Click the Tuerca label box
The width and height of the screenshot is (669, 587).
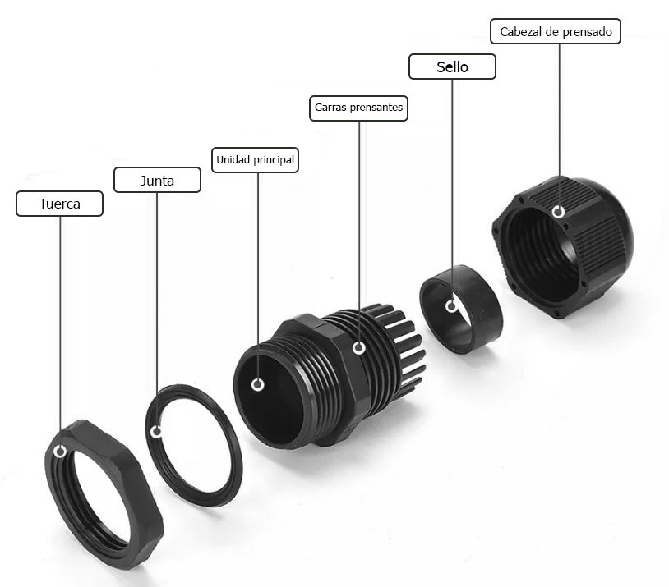[59, 204]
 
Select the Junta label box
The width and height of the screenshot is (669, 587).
[157, 180]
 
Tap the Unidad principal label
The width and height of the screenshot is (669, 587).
[255, 160]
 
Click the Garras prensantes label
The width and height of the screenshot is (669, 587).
[358, 108]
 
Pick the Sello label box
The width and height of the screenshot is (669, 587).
[452, 66]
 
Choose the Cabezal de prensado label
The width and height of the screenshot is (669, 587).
[556, 31]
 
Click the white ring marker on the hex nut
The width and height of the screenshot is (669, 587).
[60, 452]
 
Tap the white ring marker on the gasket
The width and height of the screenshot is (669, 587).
[157, 432]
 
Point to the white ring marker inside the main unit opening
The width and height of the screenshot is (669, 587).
[258, 385]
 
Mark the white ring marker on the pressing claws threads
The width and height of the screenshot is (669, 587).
[359, 348]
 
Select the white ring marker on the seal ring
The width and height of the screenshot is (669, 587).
[451, 306]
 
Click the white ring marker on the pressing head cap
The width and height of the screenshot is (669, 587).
[559, 212]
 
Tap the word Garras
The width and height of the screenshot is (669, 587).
[330, 108]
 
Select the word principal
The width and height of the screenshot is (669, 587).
[275, 160]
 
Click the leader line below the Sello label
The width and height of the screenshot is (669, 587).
[452, 190]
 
